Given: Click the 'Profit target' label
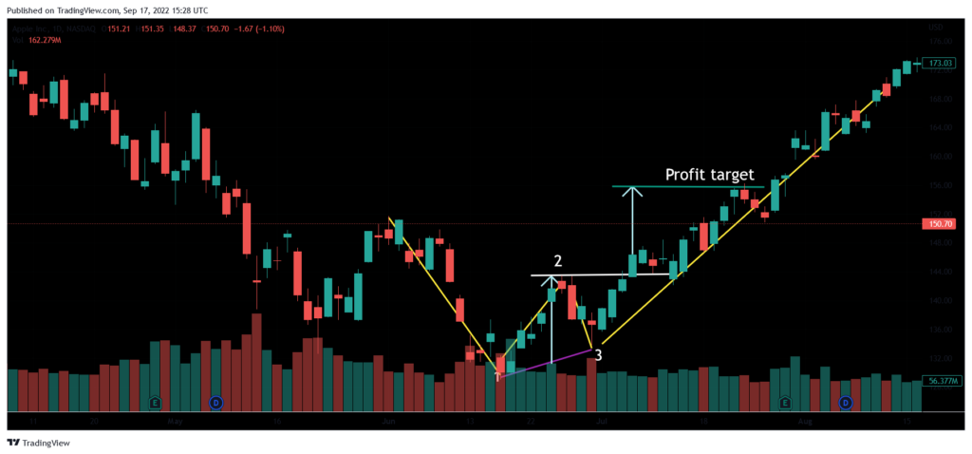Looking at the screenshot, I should click(x=709, y=175).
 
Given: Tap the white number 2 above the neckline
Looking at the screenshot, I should click(x=558, y=260).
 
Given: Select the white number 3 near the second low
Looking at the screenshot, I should click(x=598, y=355).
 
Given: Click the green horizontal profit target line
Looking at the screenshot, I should click(x=683, y=186).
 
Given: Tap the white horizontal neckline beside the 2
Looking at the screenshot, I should click(x=589, y=275).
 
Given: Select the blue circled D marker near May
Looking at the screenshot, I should click(x=215, y=403).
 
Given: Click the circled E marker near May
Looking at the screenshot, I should click(x=155, y=403).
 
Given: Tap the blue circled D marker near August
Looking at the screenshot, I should click(x=845, y=403).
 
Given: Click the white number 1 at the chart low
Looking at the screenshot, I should click(x=497, y=377).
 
